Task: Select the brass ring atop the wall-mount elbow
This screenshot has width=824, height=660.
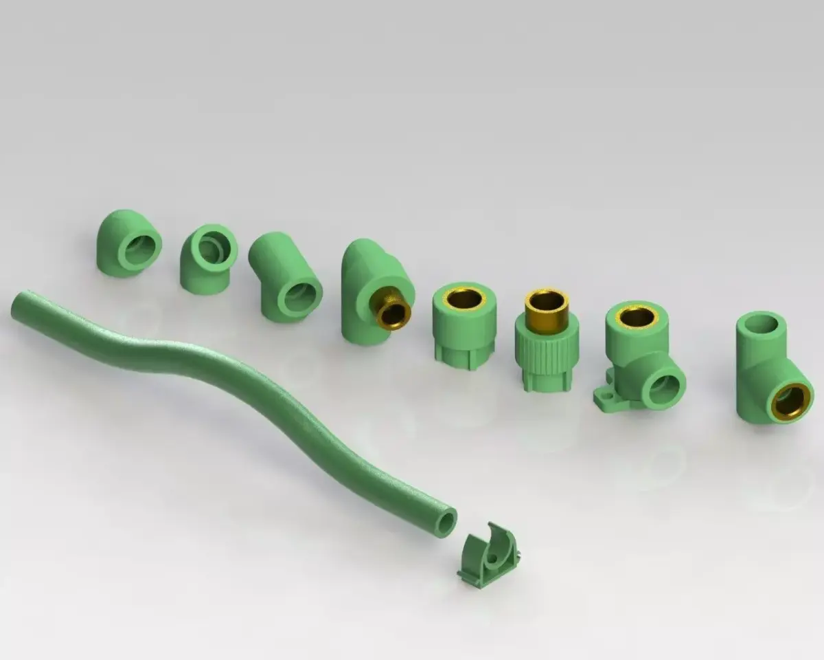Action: (x=637, y=316)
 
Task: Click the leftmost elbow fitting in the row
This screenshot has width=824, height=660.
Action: (x=128, y=243)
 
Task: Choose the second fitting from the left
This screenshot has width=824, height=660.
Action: (x=207, y=258)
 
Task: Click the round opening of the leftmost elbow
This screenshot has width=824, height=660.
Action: (x=140, y=248)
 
